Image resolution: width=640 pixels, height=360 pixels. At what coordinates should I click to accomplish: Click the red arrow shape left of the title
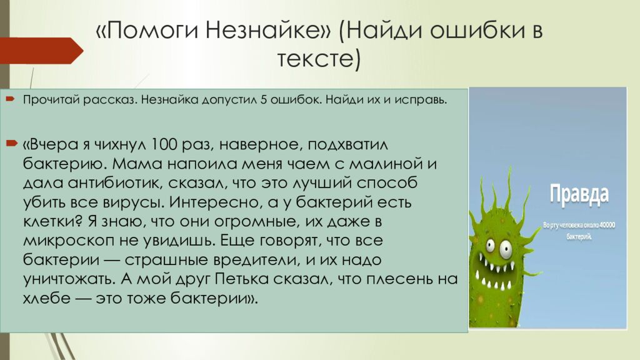[x=37, y=49]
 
